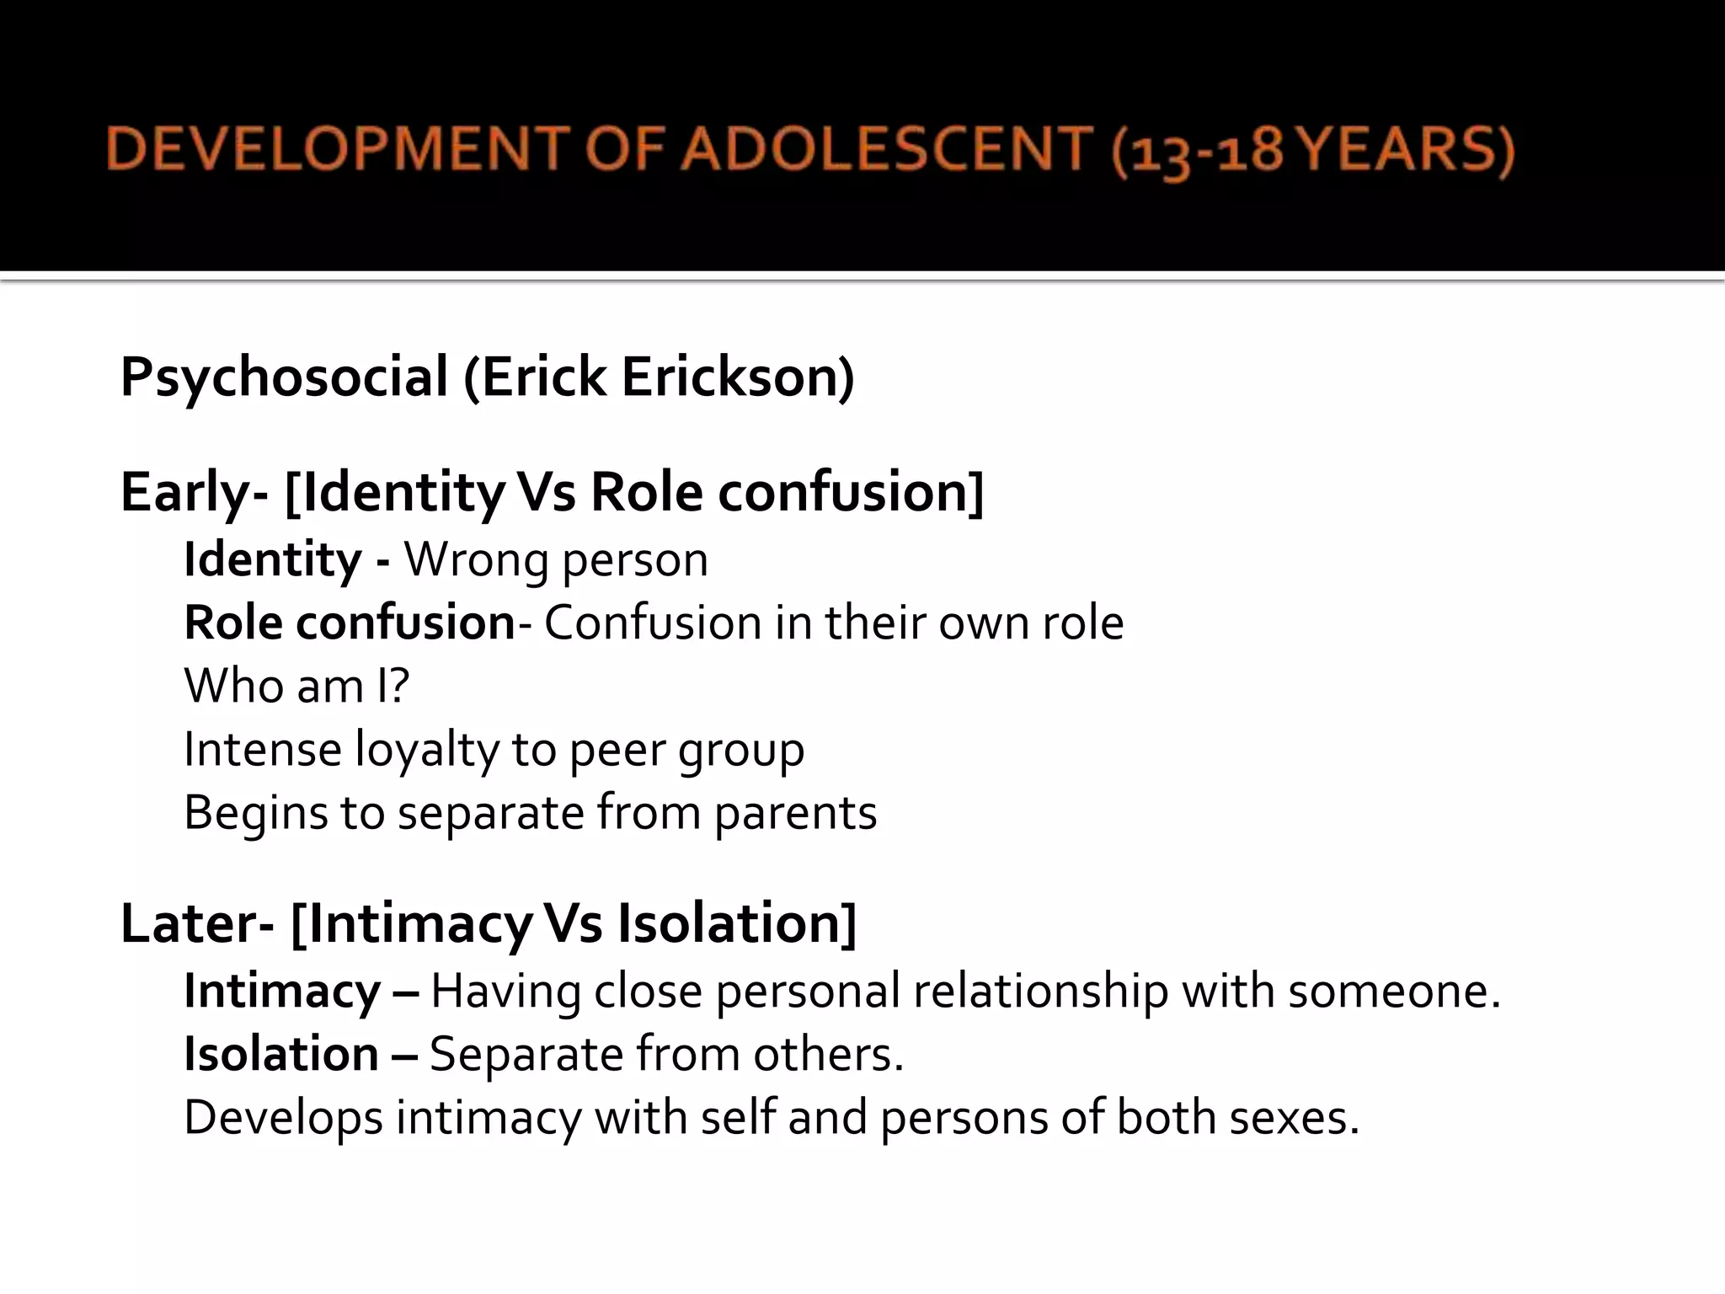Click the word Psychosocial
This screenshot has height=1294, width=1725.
coord(284,377)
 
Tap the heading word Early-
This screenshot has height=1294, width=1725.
coord(194,492)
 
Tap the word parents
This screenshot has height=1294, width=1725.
coord(795,814)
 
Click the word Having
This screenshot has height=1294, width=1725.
coord(505,992)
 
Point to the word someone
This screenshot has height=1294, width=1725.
coord(1393,992)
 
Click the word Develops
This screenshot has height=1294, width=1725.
coord(283,1120)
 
